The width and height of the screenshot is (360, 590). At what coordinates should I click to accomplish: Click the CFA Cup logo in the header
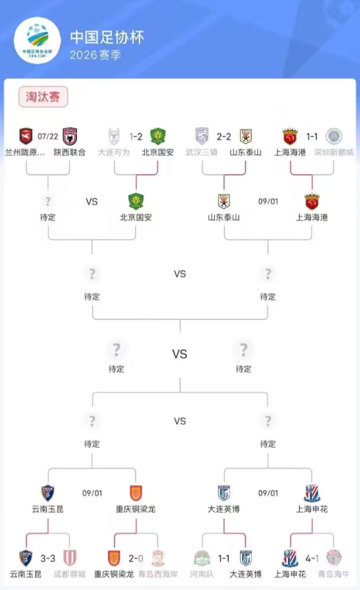pos(37,40)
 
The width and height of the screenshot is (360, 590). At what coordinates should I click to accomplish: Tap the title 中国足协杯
pos(107,37)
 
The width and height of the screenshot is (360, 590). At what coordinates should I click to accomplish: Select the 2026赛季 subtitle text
pos(96,55)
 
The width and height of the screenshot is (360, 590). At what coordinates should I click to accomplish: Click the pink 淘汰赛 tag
pos(43,96)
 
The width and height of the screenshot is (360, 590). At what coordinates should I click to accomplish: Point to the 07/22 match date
pos(47,137)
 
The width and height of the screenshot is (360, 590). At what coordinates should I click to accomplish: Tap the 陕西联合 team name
pos(70,152)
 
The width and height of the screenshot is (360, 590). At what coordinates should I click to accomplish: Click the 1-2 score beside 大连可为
pos(135,137)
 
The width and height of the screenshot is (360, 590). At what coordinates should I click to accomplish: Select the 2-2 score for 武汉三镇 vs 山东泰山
pos(223,137)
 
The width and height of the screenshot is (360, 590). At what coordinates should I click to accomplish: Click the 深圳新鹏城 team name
pos(333,152)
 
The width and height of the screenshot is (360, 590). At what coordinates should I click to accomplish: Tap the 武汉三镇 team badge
pos(202,136)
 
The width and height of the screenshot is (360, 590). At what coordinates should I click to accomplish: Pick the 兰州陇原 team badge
pos(26,136)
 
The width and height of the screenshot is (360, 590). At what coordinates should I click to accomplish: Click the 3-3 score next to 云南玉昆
pos(47,559)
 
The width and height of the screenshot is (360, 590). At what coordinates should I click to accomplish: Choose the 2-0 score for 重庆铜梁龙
pos(135,559)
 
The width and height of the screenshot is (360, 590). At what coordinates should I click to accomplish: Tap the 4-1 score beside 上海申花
pos(312,559)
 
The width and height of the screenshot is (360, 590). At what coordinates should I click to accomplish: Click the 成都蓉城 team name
pos(70,574)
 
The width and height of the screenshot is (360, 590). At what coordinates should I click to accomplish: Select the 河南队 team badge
pos(202,558)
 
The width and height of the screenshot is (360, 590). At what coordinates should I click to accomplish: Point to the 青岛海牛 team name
pos(333,574)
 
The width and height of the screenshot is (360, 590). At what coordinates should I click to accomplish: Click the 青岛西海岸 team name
pos(158,574)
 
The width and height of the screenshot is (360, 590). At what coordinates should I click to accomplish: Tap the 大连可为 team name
pos(114,152)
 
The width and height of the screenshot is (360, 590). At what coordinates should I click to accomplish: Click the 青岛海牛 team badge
pos(333,558)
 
